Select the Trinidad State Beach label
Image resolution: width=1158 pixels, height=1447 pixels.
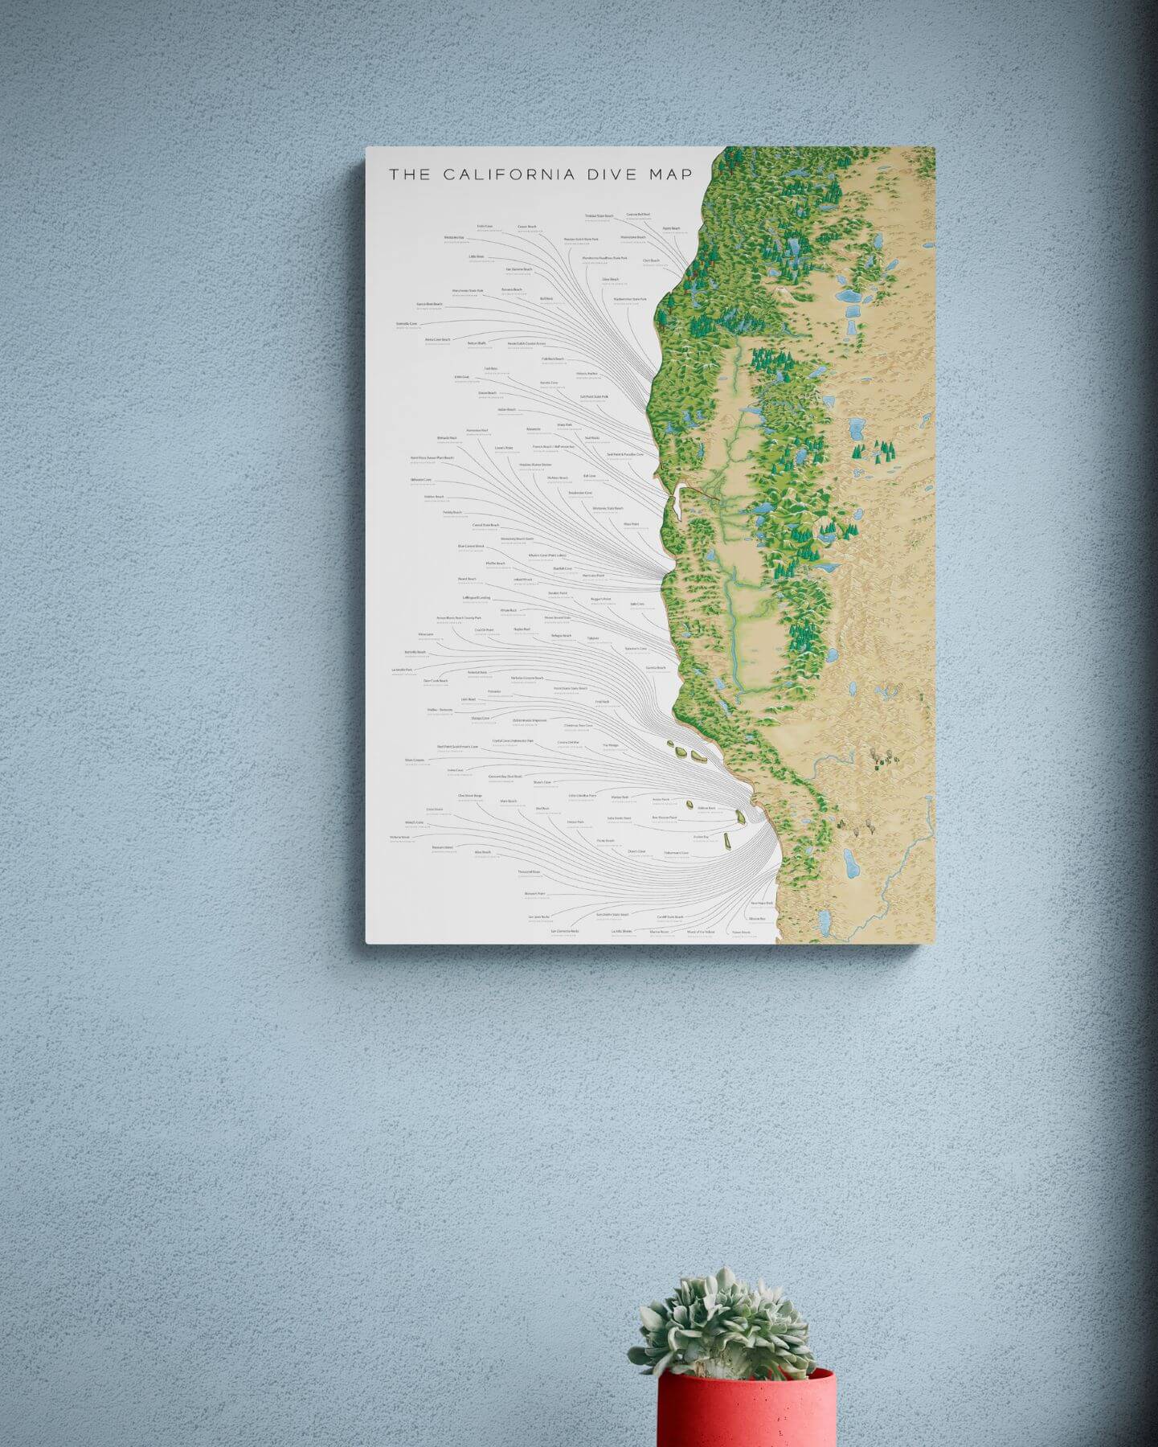599,215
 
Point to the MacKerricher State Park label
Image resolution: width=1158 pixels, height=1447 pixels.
630,299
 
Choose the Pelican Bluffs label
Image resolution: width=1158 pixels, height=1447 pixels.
477,343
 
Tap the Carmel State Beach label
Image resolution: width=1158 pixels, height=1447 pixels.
485,525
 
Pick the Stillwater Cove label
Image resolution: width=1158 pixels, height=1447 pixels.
421,480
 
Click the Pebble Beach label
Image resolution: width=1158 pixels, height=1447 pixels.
452,512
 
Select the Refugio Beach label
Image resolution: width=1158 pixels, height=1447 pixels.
561,636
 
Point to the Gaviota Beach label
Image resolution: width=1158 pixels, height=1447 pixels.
656,667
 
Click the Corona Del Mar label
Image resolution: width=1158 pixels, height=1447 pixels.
569,742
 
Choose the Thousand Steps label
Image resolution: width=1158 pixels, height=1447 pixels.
529,871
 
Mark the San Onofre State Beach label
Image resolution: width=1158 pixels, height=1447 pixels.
612,915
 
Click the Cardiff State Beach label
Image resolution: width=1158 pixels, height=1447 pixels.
669,916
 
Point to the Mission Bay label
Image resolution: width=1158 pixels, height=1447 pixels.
757,918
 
